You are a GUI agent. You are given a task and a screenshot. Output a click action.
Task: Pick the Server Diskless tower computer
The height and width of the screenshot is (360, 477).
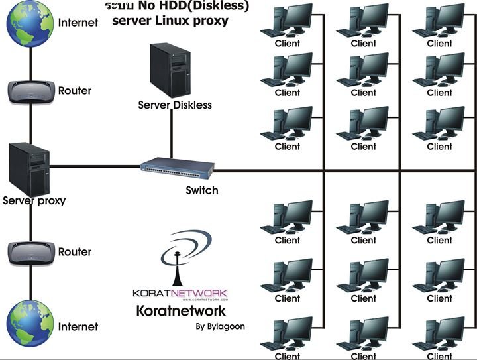coord(170,70)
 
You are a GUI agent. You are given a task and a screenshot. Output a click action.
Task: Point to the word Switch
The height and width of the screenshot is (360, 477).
coord(202,190)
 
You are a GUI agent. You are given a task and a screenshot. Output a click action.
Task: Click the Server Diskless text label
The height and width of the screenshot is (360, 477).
coord(175,105)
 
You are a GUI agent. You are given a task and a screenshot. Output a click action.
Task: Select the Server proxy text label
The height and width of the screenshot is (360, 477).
coord(34,200)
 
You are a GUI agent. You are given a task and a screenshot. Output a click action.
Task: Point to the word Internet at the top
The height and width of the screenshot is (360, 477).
coord(78,22)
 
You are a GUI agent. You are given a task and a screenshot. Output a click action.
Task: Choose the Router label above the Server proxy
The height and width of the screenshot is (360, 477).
coord(75,90)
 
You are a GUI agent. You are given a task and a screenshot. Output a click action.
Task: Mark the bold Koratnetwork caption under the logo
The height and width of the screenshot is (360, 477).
coord(180,310)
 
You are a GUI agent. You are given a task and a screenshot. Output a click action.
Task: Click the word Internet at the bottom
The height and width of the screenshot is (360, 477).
coord(78,326)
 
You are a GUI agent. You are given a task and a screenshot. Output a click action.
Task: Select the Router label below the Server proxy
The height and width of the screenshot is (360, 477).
coord(75,252)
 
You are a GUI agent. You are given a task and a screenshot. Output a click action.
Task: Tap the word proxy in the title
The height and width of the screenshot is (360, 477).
coord(211,21)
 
